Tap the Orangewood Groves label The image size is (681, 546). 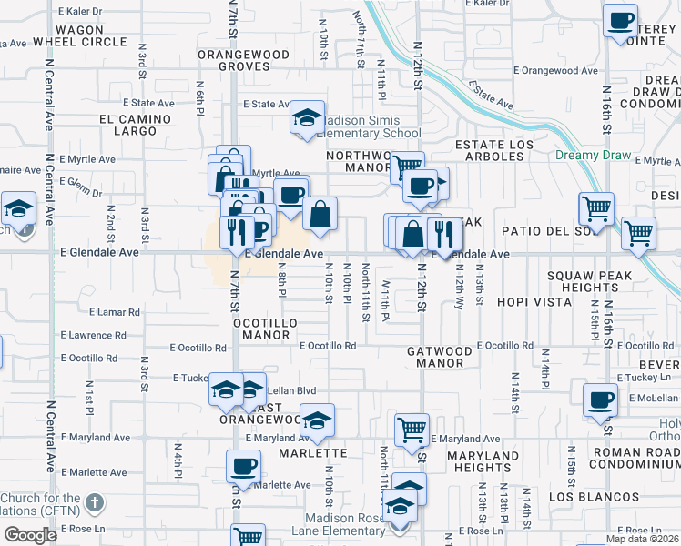click(x=245, y=61)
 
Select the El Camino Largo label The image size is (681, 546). click(x=135, y=126)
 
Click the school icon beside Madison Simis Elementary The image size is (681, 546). click(x=308, y=117)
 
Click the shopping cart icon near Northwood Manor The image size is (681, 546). click(x=406, y=167)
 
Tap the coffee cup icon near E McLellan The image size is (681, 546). click(x=601, y=399)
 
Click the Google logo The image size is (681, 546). click(x=30, y=534)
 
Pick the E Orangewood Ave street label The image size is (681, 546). click(x=555, y=70)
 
